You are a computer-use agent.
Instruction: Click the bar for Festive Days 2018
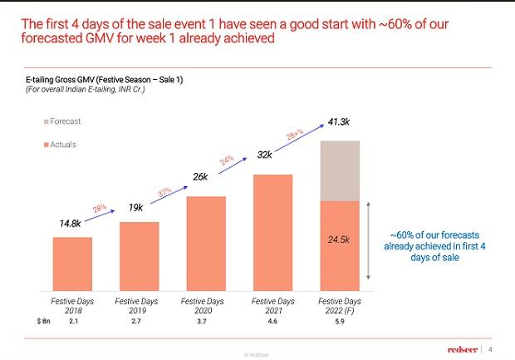(x=72, y=264)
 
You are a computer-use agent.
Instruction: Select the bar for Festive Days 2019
(x=139, y=256)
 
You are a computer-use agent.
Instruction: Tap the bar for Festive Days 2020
(x=206, y=244)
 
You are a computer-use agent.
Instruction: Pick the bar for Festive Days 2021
(x=272, y=232)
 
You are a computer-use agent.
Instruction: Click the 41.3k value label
(x=338, y=122)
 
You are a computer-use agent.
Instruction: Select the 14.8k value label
(x=70, y=223)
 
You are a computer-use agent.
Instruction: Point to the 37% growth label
(x=164, y=192)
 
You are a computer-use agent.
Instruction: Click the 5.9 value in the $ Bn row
(x=339, y=320)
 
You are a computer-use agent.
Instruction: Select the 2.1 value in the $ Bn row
(x=73, y=320)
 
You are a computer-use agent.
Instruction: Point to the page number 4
(x=490, y=348)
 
